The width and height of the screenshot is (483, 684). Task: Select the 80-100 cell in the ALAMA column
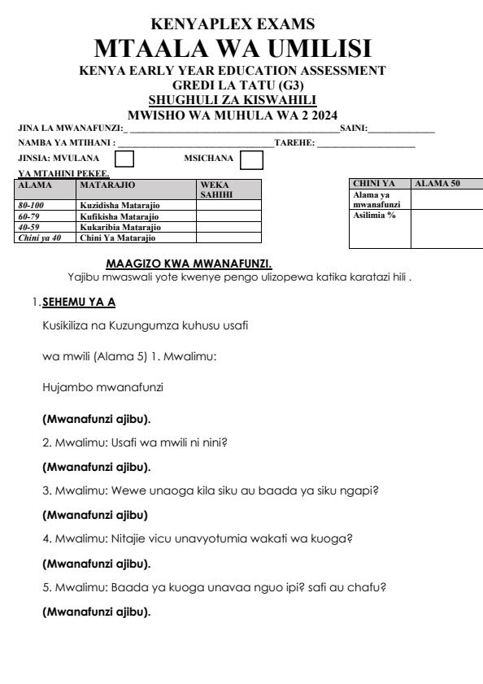[33, 207]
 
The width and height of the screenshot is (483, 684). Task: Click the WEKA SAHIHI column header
[216, 190]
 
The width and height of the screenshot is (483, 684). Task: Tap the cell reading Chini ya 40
[35, 237]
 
